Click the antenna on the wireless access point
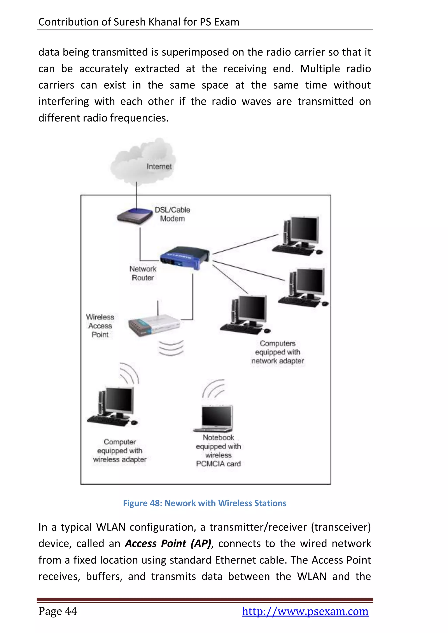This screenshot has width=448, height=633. (157, 308)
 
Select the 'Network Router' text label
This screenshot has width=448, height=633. (143, 273)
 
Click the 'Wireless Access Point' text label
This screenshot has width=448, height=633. (100, 326)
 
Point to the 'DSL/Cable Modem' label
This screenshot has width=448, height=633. (172, 214)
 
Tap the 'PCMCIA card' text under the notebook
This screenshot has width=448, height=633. (218, 464)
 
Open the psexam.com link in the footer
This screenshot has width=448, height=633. (305, 611)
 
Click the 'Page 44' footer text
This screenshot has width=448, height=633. (58, 611)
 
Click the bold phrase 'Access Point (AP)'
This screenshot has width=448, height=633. (168, 543)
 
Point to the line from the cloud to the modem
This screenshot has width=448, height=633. (137, 194)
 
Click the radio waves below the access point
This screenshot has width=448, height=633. (171, 348)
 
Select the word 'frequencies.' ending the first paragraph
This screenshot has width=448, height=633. (139, 118)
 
